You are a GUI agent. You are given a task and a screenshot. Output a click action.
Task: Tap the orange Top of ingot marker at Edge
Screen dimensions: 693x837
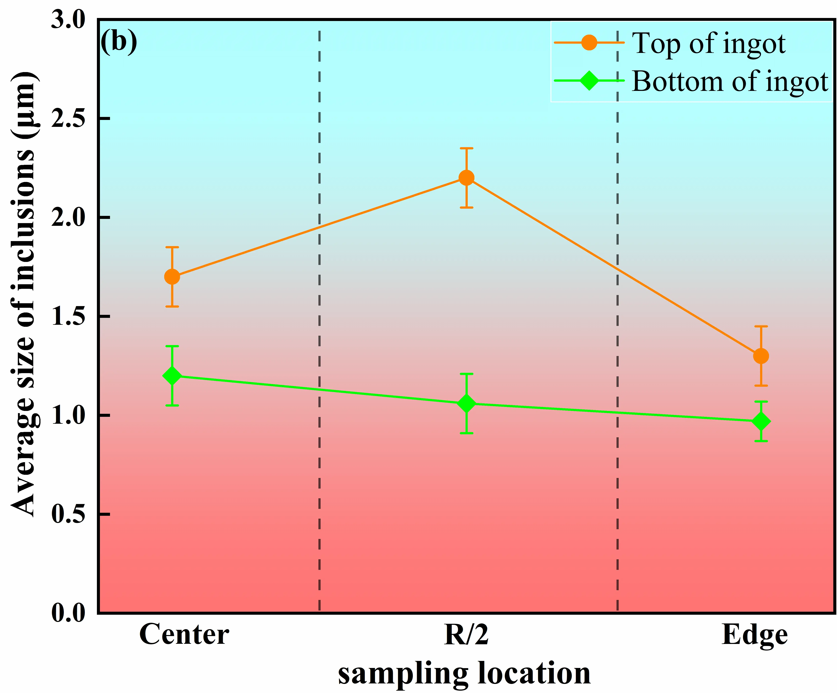[761, 356]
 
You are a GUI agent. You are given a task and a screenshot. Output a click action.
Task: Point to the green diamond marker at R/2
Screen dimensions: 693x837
[466, 404]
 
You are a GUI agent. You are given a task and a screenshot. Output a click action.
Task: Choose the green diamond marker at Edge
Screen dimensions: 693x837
[761, 422]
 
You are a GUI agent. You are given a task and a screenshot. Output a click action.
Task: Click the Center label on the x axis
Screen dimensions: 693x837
[184, 635]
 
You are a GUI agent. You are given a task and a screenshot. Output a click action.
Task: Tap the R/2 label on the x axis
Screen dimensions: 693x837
[466, 635]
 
